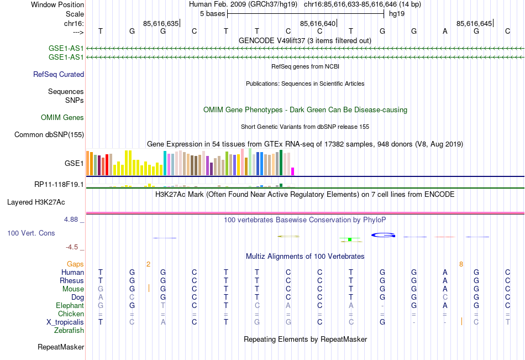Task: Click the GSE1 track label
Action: click(x=74, y=164)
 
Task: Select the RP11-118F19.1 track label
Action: click(x=59, y=184)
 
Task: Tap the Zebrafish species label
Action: click(x=69, y=331)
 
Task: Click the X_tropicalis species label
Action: click(x=65, y=322)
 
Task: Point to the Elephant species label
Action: click(x=70, y=305)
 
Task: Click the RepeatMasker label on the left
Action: click(x=61, y=347)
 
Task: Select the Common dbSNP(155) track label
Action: click(x=49, y=134)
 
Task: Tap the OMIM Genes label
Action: click(x=62, y=117)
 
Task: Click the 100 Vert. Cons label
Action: click(x=31, y=233)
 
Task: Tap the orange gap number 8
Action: click(x=461, y=264)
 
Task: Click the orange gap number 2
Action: click(x=148, y=264)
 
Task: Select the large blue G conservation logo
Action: click(x=383, y=236)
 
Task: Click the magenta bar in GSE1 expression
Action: click(x=293, y=171)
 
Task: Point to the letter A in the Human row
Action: click(x=445, y=272)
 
